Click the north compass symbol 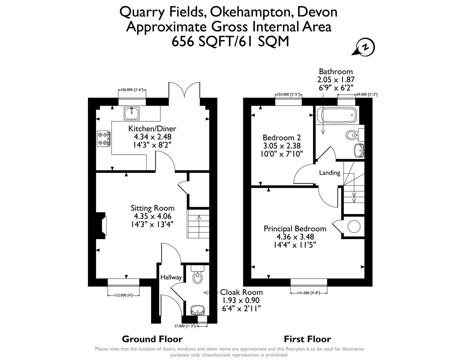(x=365, y=48)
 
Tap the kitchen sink (x=132, y=113)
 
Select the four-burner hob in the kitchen (x=104, y=138)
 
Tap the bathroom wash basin (x=358, y=150)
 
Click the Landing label (x=330, y=173)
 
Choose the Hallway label (x=171, y=277)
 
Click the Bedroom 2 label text (x=282, y=137)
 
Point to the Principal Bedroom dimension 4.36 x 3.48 (x=295, y=237)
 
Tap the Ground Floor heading (x=152, y=339)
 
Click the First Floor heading (x=307, y=339)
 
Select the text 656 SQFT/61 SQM (x=230, y=41)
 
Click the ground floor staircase (x=198, y=224)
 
